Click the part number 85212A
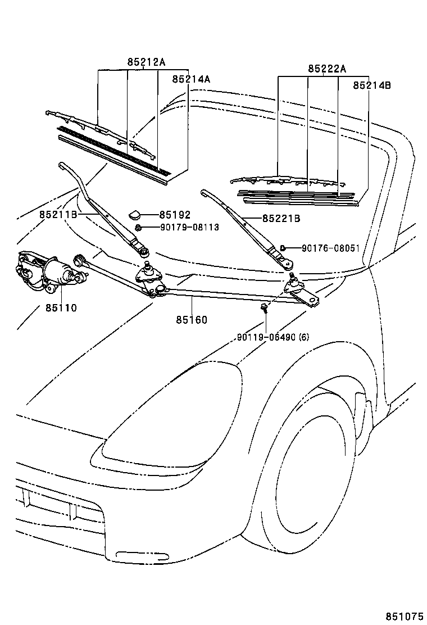(146, 63)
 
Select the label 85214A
(191, 79)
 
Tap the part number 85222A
(327, 69)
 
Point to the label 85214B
(372, 85)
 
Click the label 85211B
(57, 215)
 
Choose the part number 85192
(175, 215)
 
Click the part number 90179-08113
(181, 227)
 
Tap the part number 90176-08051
(330, 247)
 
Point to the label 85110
(57, 308)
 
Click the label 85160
(192, 320)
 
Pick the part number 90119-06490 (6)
(272, 337)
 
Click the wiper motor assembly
(45, 271)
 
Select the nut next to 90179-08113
(138, 227)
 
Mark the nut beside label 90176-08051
(284, 247)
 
